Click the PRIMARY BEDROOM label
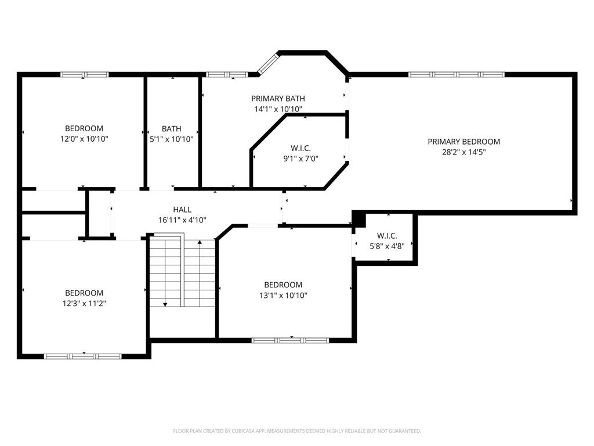coord(463,142)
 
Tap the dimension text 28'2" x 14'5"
coord(463,153)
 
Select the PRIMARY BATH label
coord(278,99)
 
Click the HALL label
coord(182,210)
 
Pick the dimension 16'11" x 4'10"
coord(182,220)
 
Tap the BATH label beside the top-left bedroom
coord(171,129)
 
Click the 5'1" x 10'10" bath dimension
coord(171,139)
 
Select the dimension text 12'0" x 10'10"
coord(84,139)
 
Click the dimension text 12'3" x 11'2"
coord(84,303)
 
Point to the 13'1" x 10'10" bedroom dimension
coord(283,296)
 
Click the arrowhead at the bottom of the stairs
coord(165,304)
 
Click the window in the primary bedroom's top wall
coord(456,74)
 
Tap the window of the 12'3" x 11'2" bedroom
coord(84,356)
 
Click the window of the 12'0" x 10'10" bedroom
coord(85,74)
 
